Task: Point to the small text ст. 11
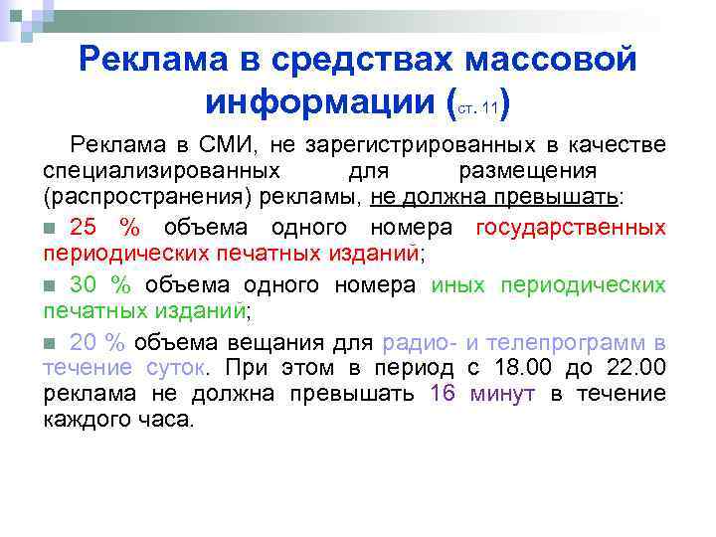pos(479,106)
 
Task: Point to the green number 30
pos(87,285)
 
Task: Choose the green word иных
pos(458,285)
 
